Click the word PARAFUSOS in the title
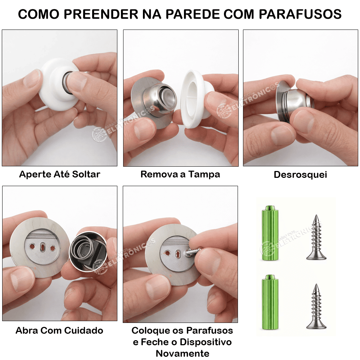click(x=300, y=14)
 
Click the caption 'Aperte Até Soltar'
click(x=60, y=174)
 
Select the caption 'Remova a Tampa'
click(x=180, y=175)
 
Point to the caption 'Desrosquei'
click(x=300, y=175)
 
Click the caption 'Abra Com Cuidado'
click(x=59, y=330)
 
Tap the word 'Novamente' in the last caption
click(x=183, y=354)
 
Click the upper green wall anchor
click(x=270, y=233)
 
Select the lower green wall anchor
click(x=270, y=302)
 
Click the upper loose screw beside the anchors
click(x=316, y=237)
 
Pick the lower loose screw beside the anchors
click(x=316, y=306)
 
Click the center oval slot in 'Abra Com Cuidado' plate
click(x=43, y=247)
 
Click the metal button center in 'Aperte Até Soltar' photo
click(x=67, y=83)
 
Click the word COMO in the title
click(x=39, y=14)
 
